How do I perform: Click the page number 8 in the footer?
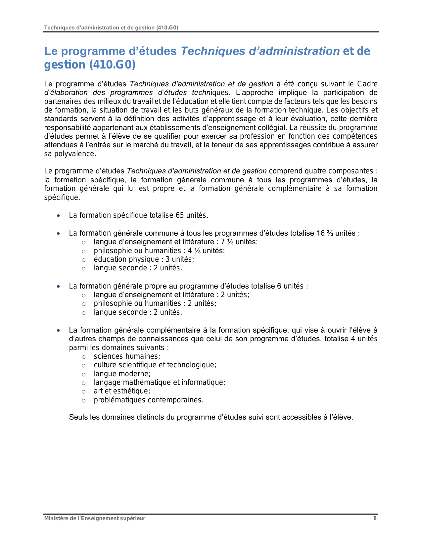coord(375,519)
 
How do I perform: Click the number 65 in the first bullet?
coord(180,215)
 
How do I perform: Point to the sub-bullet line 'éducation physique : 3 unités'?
coord(144,259)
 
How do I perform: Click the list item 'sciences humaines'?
coord(127,356)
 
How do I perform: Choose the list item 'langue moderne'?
coord(122,374)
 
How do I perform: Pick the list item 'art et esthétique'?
coord(122,391)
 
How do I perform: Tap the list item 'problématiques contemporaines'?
coord(149,400)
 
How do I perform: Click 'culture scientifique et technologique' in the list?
coord(155,365)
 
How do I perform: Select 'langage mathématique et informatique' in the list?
coord(159,383)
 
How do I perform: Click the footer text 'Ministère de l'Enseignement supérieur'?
coord(95,519)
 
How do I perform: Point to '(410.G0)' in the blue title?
coord(113,65)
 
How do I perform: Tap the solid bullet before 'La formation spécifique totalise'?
coord(59,216)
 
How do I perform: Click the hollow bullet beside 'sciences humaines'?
coord(84,357)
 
